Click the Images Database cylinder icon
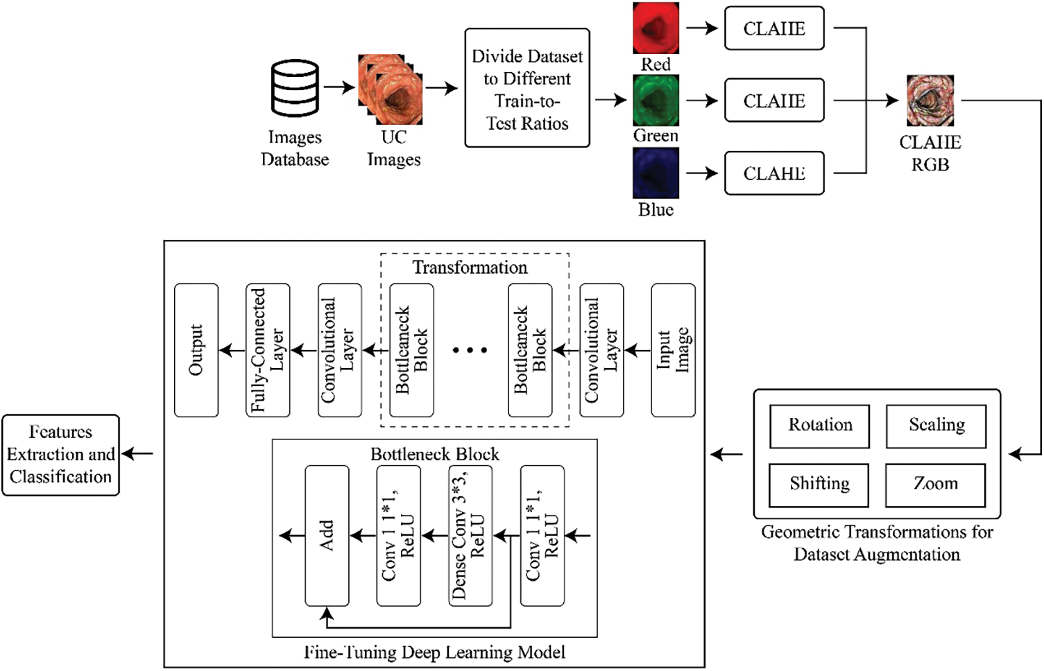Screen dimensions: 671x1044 click(295, 88)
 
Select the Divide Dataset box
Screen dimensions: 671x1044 click(527, 88)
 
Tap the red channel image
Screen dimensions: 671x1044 click(656, 28)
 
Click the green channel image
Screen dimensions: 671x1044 click(656, 101)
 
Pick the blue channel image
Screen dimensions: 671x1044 click(656, 173)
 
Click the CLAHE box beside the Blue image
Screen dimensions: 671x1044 click(774, 173)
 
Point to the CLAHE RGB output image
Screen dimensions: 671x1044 click(930, 101)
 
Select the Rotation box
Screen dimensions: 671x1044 click(819, 426)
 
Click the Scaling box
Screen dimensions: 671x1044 click(936, 426)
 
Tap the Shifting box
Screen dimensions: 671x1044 click(819, 485)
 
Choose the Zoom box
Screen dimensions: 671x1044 click(936, 485)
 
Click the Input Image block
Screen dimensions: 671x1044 click(673, 350)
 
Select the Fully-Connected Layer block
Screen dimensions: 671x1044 click(268, 350)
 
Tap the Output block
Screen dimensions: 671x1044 click(196, 350)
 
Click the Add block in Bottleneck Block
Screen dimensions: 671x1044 click(327, 536)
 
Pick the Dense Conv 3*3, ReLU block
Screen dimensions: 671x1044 click(470, 536)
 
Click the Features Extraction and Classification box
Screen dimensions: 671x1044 click(61, 455)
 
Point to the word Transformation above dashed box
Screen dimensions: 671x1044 click(470, 268)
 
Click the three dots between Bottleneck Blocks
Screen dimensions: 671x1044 click(470, 350)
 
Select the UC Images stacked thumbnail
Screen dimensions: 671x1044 click(391, 89)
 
